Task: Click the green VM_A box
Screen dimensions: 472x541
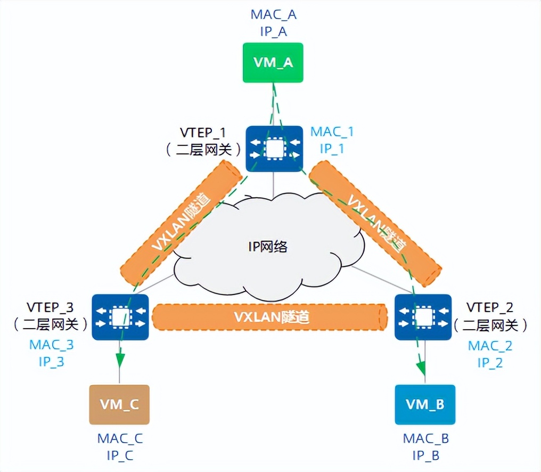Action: tap(273, 63)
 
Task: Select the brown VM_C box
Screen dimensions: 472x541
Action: tap(119, 404)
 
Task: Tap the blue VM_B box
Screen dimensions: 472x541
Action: tap(425, 404)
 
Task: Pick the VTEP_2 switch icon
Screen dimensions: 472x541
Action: tap(423, 318)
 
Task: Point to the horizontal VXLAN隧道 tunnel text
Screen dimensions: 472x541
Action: tap(272, 318)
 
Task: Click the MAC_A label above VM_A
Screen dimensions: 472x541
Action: tap(273, 14)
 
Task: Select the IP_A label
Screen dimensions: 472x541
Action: tap(273, 31)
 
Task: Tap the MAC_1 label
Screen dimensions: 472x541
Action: tap(332, 132)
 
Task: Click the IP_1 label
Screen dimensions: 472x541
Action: tap(332, 149)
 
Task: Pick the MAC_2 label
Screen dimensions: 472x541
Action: tap(490, 346)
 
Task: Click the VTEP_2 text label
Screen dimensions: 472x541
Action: tap(490, 307)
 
